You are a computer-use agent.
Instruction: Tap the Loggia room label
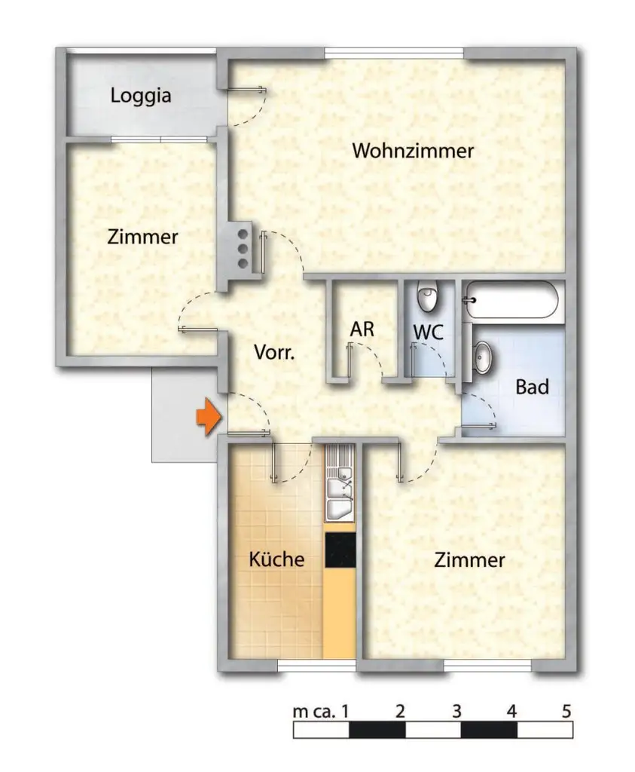[x=141, y=96]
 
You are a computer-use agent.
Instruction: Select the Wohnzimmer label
[x=413, y=151]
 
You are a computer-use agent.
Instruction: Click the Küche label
[x=277, y=559]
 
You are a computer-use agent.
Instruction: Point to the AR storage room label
[x=362, y=329]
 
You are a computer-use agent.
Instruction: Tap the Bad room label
[x=532, y=388]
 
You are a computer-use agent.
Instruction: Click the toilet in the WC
[x=428, y=297]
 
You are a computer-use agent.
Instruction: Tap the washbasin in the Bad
[x=482, y=357]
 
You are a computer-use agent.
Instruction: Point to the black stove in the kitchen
[x=340, y=550]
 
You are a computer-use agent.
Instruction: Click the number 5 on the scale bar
[x=566, y=710]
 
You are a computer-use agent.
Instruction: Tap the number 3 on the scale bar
[x=456, y=710]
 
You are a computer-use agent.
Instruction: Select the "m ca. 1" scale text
[x=321, y=710]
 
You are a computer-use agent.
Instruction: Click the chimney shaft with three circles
[x=243, y=248]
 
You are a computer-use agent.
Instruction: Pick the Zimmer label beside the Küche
[x=469, y=560]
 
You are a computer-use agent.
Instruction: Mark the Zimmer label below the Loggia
[x=142, y=237]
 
